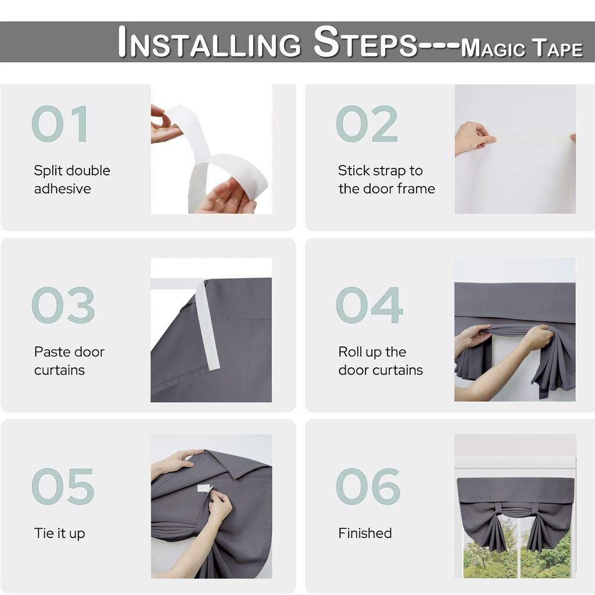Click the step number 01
(x=60, y=124)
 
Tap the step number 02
(x=367, y=124)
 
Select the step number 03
(x=63, y=305)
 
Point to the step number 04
(x=369, y=305)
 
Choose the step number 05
(x=63, y=486)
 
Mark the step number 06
(x=368, y=486)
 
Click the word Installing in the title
(x=209, y=42)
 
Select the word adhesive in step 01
(x=63, y=189)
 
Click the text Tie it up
(x=60, y=533)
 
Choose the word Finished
(x=365, y=533)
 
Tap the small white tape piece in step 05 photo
(x=205, y=488)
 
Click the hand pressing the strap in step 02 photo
(x=474, y=137)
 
